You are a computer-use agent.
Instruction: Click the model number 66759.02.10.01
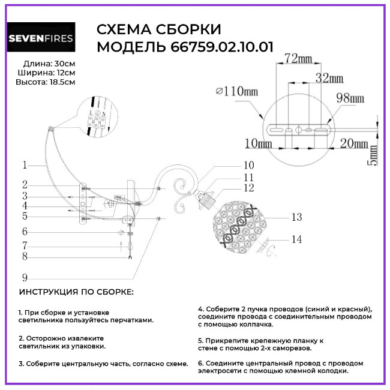tap(211, 47)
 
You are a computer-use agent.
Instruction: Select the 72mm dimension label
tap(298, 58)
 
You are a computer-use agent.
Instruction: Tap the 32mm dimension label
tap(329, 78)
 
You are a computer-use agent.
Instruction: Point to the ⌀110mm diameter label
tap(236, 91)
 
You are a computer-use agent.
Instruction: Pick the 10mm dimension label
tap(259, 143)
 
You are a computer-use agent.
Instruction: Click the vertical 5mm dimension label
tap(373, 154)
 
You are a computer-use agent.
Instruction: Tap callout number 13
tap(296, 218)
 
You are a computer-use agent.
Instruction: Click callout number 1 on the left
tap(25, 164)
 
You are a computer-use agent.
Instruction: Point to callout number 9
tap(25, 277)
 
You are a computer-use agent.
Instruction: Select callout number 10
tap(248, 165)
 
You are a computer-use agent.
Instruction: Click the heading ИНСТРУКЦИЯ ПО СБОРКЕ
tap(77, 292)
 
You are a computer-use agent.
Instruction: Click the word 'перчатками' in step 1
tap(131, 320)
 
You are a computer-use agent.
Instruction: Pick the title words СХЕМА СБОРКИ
tap(159, 30)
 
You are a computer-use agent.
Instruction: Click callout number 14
tap(296, 239)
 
